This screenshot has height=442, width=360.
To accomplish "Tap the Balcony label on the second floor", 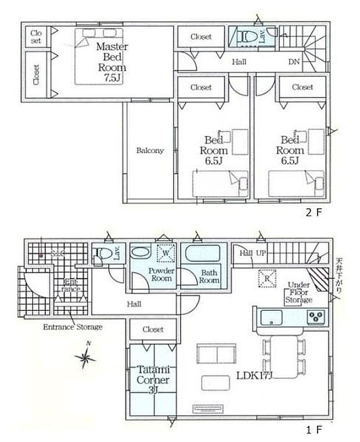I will coord(150,150).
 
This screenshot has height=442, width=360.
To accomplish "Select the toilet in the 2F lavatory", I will coord(248,37).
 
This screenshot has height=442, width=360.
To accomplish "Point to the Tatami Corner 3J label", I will coord(153,379).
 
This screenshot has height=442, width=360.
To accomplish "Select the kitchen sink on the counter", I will coord(271,318).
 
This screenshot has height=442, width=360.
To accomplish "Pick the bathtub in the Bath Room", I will coord(201,255).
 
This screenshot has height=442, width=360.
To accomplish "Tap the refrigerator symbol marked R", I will coord(267,279).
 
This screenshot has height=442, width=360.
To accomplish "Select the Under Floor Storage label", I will coord(299,292).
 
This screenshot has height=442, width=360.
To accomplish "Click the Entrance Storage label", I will coord(73,327).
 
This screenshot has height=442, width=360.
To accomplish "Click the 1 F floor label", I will coord(314,430).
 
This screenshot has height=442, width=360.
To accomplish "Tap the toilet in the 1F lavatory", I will coord(102,253).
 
